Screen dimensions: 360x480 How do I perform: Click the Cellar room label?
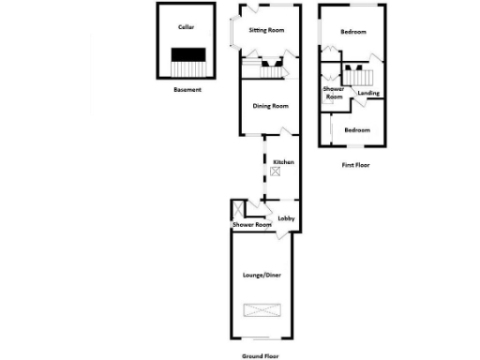186,27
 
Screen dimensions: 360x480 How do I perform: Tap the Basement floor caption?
187,90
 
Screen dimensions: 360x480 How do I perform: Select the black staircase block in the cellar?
188,53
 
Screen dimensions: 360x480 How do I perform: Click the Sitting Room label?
266,30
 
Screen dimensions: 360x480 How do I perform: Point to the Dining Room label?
270,106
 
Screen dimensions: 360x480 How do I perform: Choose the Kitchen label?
283,162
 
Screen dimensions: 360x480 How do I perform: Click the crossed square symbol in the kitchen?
275,172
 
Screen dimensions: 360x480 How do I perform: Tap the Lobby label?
286,218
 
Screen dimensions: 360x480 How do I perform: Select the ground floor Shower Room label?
251,225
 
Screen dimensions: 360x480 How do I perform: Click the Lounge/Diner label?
262,275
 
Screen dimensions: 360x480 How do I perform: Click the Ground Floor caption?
261,355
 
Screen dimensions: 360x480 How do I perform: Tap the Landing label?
368,94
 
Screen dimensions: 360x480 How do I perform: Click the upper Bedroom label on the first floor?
353,32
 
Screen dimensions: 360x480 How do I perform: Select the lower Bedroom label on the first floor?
356,129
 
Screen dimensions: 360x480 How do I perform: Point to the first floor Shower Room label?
334,92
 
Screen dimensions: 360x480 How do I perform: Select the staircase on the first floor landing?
360,78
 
